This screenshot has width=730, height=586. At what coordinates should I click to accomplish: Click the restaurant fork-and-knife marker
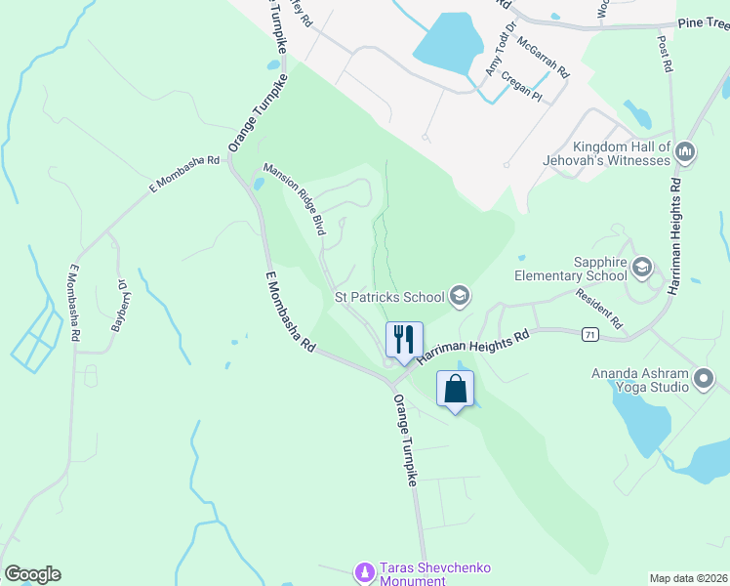(x=404, y=340)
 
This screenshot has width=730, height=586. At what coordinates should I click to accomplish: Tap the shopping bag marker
(x=455, y=389)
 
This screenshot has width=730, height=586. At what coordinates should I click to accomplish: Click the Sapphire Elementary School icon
(x=642, y=266)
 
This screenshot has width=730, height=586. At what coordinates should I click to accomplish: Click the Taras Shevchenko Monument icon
(x=364, y=571)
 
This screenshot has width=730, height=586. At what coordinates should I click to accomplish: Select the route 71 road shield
(x=589, y=335)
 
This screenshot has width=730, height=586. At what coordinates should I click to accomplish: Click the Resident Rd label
(x=598, y=309)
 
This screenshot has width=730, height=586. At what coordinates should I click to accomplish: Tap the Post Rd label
(x=667, y=55)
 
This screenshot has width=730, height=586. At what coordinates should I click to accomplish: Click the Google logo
(x=32, y=574)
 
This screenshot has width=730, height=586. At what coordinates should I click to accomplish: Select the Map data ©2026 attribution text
(x=688, y=578)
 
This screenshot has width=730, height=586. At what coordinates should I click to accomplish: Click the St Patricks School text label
(x=389, y=296)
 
